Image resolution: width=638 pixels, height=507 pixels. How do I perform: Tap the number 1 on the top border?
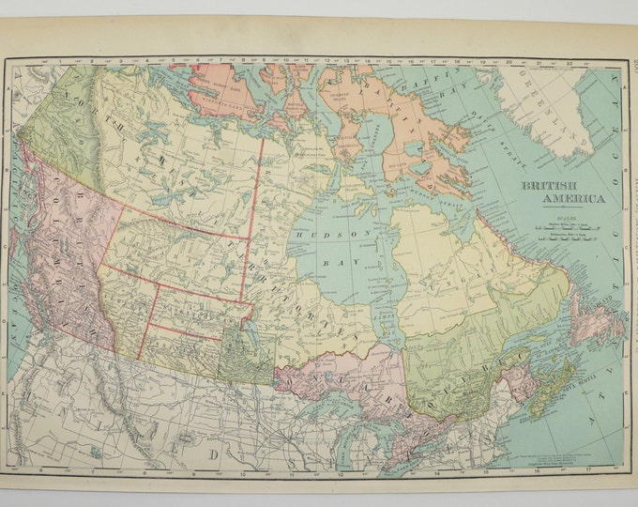(58, 65)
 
